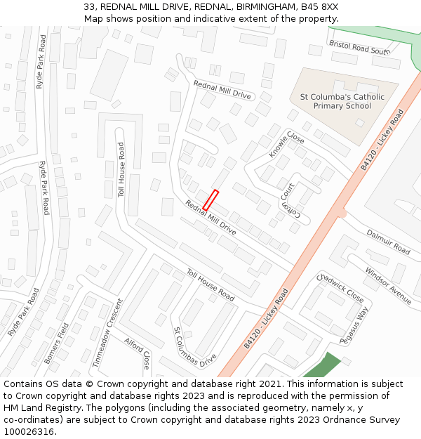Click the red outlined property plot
click(211, 199)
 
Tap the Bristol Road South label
click(359, 48)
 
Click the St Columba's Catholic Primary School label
click(342, 101)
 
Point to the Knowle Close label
click(286, 145)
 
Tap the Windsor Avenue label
click(388, 285)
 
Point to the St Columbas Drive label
click(195, 347)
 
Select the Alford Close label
click(138, 353)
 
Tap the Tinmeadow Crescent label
click(107, 333)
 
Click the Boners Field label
click(57, 343)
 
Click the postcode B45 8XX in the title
click(316, 7)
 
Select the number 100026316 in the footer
click(29, 431)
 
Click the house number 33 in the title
click(90, 7)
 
